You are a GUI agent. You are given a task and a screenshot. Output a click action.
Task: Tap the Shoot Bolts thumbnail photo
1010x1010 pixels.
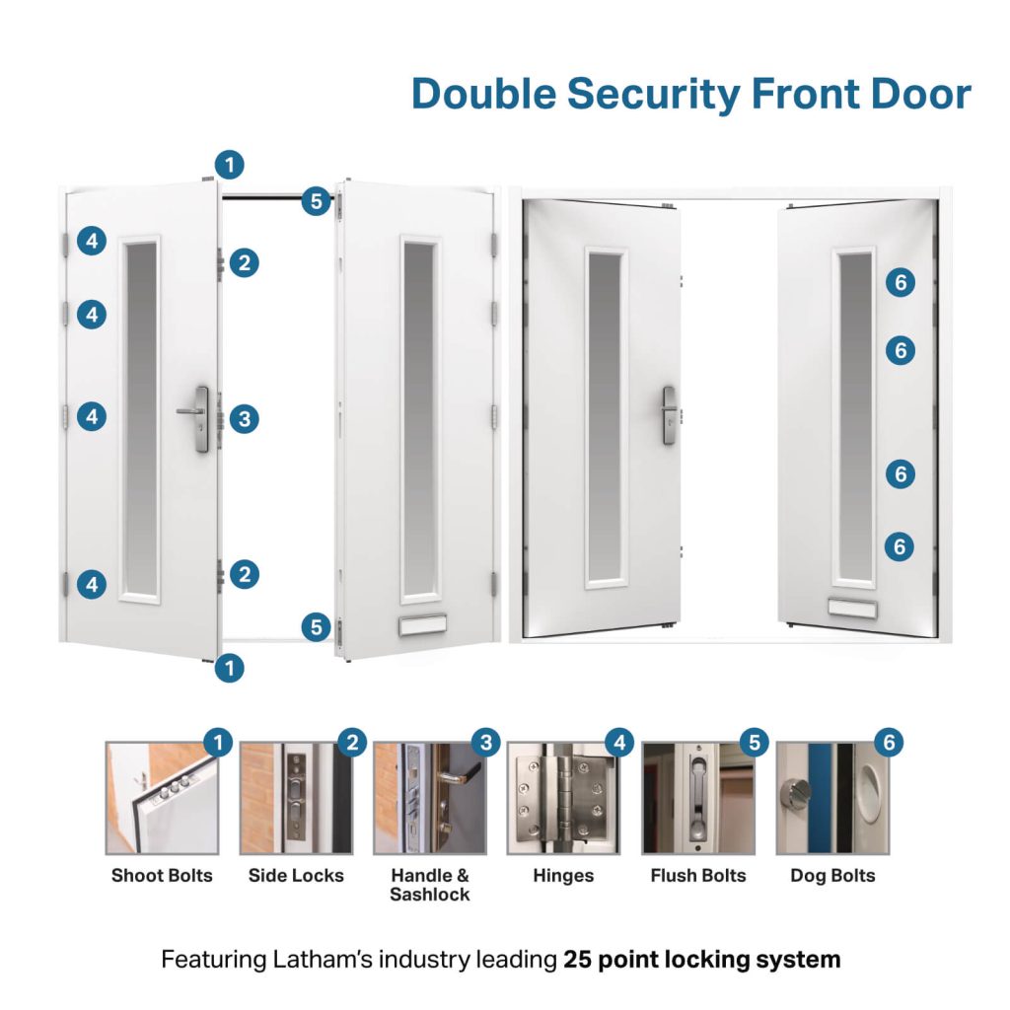[162, 798]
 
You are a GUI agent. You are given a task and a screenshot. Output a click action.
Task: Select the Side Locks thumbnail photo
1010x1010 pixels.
[296, 798]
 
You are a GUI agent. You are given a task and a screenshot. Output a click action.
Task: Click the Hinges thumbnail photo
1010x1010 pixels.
[563, 798]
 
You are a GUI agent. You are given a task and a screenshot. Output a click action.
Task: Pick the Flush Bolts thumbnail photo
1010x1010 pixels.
[698, 798]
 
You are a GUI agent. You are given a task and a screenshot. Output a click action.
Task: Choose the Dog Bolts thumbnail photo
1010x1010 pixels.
[832, 798]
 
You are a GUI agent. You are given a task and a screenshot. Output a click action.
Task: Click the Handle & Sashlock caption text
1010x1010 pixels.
[430, 885]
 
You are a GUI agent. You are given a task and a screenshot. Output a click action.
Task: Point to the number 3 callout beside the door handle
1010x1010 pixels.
[244, 418]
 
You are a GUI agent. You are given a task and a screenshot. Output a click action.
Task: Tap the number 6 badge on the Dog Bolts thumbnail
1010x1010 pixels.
[888, 742]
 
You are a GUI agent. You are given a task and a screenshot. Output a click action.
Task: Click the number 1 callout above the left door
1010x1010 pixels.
[229, 164]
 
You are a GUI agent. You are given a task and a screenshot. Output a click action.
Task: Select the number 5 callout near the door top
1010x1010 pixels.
[316, 202]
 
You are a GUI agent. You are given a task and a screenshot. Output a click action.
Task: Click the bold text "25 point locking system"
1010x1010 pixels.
[701, 959]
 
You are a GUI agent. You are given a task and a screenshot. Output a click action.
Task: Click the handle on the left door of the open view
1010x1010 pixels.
[668, 414]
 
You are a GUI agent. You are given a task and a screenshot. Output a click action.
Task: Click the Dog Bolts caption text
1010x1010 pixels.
[832, 875]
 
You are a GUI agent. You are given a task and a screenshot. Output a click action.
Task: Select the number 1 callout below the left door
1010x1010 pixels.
[229, 668]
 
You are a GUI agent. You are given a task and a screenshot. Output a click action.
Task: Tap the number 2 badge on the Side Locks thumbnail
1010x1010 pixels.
[352, 742]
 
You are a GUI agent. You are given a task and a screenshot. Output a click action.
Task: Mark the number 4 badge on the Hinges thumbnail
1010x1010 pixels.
[618, 742]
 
